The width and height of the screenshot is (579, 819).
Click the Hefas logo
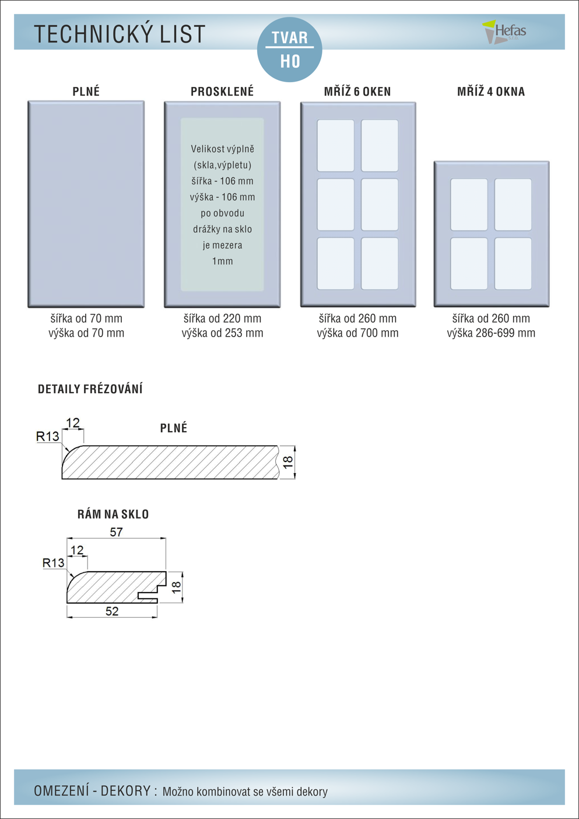tap(505, 32)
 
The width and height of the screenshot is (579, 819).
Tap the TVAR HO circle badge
tap(290, 50)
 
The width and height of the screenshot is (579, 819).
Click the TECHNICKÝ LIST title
tap(120, 34)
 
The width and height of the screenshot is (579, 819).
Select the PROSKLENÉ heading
tap(222, 92)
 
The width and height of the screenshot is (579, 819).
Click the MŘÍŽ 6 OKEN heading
tap(357, 92)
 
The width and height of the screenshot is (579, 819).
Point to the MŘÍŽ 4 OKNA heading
tap(491, 92)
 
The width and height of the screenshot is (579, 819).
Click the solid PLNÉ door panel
tap(86, 204)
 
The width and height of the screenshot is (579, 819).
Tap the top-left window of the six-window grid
tap(335, 145)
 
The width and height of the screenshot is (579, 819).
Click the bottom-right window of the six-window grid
tap(380, 263)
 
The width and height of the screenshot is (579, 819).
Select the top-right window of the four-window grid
tap(513, 205)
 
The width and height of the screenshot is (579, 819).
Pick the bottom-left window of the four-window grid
tap(469, 263)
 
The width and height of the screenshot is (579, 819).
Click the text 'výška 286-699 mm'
tap(491, 333)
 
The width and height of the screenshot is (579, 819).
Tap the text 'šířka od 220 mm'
tap(222, 318)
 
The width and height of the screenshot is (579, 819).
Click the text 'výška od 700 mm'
tap(357, 333)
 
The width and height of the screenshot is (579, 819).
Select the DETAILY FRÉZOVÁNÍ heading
tap(90, 389)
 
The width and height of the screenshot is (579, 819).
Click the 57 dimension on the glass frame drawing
tap(116, 532)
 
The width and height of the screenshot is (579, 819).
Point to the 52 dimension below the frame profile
tap(112, 611)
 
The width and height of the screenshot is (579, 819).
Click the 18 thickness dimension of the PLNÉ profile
tap(287, 462)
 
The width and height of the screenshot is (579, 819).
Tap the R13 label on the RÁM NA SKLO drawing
tap(53, 563)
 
